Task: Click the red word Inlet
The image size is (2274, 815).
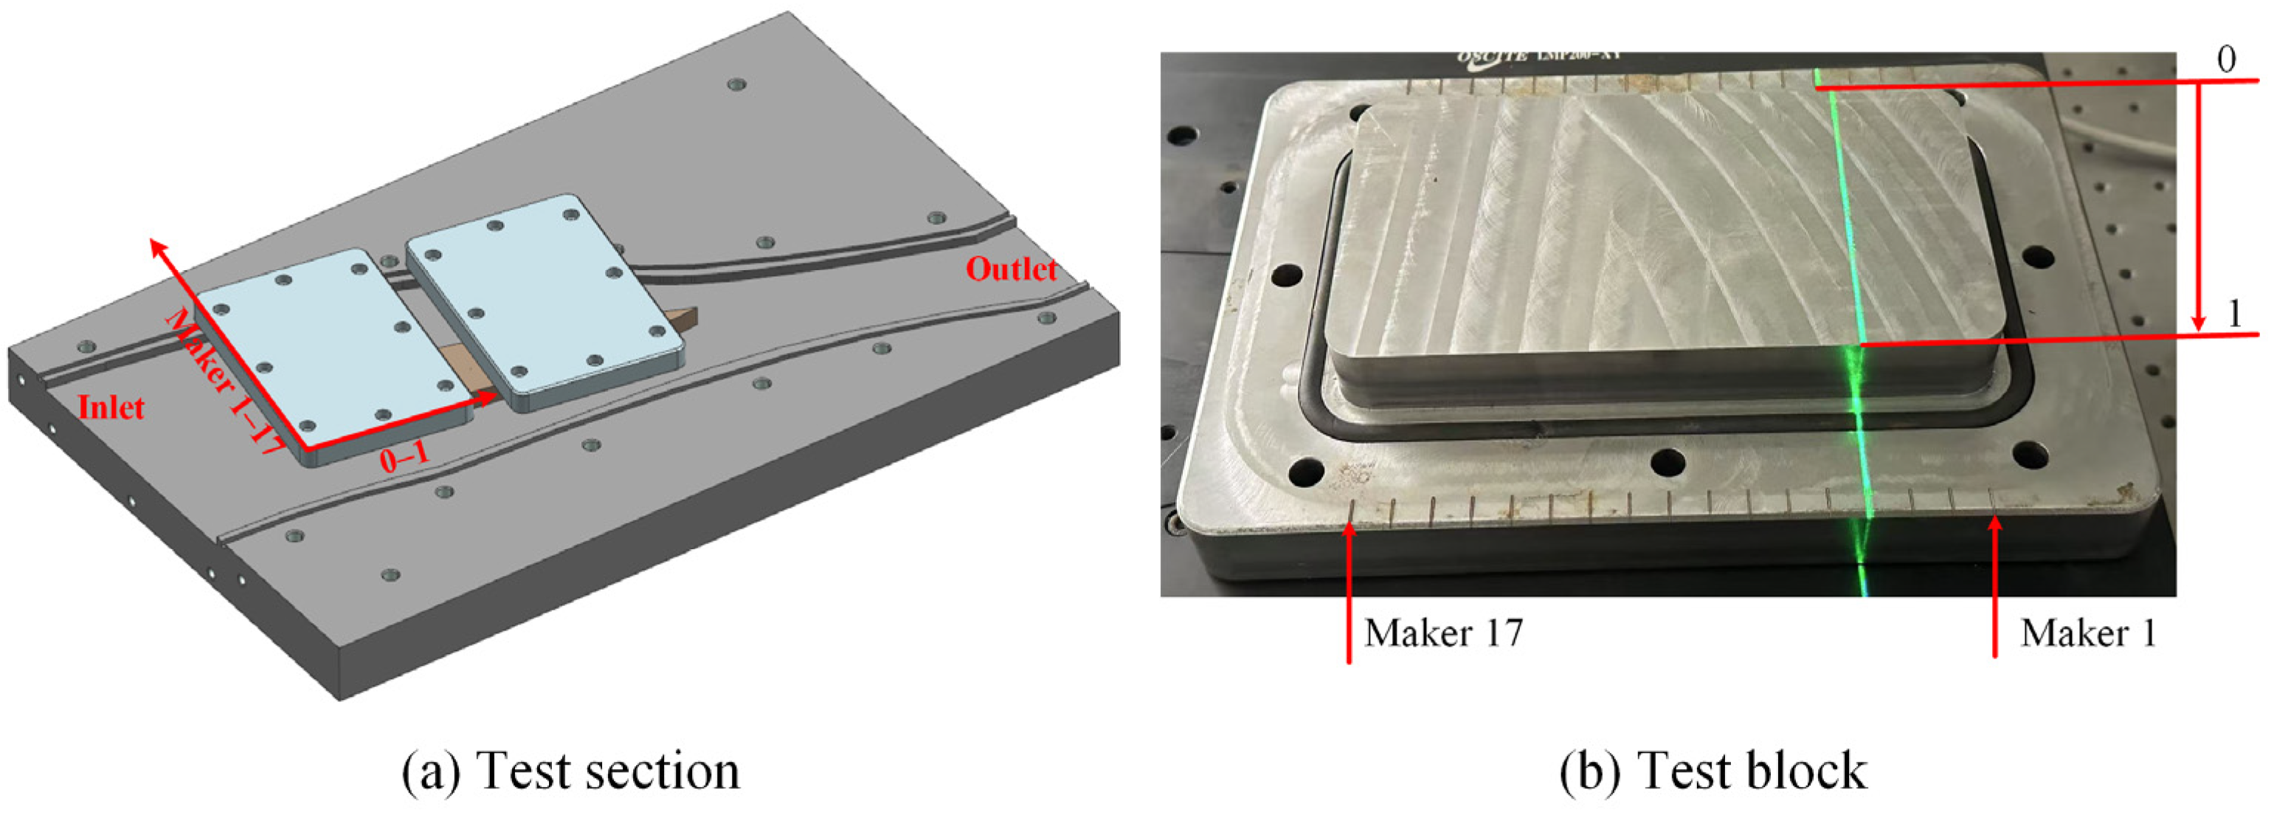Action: pyautogui.click(x=111, y=407)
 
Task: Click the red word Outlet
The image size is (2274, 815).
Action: pyautogui.click(x=1011, y=269)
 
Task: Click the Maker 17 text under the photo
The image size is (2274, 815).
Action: pyautogui.click(x=1442, y=633)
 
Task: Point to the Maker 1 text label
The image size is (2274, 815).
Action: pyautogui.click(x=2088, y=633)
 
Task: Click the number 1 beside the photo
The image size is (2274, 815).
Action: pyautogui.click(x=2234, y=314)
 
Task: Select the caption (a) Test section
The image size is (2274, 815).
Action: pyautogui.click(x=570, y=770)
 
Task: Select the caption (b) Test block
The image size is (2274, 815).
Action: pyautogui.click(x=1713, y=770)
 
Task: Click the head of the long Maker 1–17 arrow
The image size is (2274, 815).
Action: pyautogui.click(x=157, y=247)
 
